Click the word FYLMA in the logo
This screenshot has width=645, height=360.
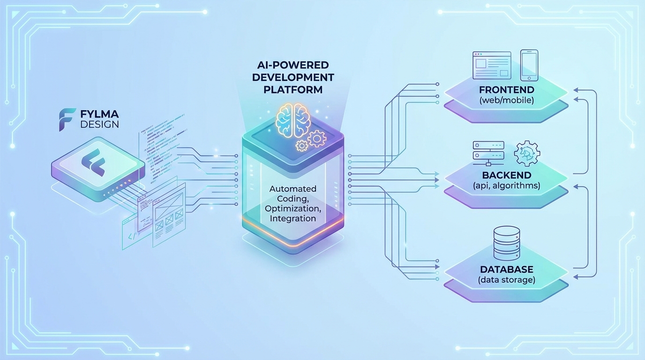pos(99,114)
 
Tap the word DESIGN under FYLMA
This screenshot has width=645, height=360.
pos(99,125)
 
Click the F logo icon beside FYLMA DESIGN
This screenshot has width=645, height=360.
pos(67,120)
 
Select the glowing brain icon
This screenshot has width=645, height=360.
pos(293,119)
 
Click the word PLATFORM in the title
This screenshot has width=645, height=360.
pos(293,89)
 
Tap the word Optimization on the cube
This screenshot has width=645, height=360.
pos(293,208)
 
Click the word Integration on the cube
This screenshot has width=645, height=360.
pos(293,218)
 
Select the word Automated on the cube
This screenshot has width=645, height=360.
pos(293,188)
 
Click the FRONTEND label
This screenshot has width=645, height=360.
pos(506,90)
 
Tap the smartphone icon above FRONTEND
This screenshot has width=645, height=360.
pos(529,65)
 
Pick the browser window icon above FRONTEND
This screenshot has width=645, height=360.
pos(491,65)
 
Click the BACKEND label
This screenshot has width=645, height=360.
pos(506,175)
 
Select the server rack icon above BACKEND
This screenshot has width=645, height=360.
pos(488,153)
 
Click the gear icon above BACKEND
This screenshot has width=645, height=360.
pos(527,154)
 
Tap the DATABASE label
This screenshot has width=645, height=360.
pos(506,270)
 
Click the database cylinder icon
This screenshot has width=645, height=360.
pos(507,243)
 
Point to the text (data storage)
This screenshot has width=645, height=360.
pos(506,280)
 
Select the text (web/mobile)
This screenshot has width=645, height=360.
pos(506,100)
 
